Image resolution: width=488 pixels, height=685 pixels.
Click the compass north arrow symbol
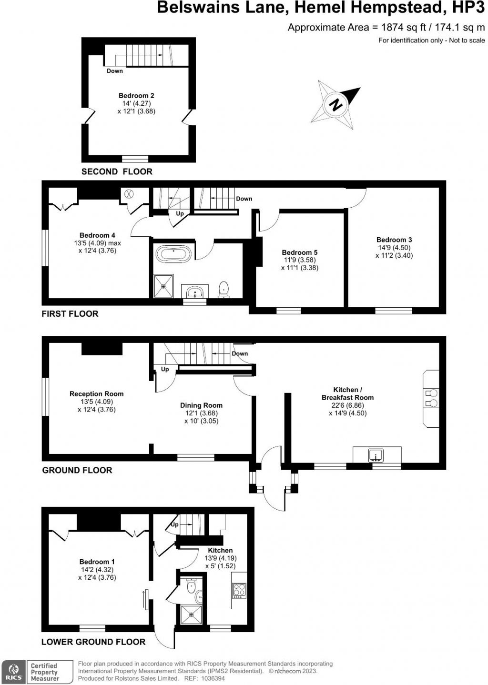click(337, 104)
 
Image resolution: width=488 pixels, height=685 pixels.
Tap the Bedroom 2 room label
click(136, 96)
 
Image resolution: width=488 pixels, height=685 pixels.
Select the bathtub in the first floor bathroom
click(174, 253)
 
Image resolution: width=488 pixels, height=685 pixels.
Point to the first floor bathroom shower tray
click(163, 286)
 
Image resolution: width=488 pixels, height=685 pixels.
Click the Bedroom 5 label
click(299, 252)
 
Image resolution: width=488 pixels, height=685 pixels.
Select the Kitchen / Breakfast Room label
click(347, 393)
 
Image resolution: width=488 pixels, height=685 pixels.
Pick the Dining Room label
click(201, 405)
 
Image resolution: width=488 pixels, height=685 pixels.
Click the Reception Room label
click(96, 394)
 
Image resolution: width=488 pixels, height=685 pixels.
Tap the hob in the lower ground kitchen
click(239, 591)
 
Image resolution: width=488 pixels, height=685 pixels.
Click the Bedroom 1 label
click(97, 562)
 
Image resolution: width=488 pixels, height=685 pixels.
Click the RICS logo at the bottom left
click(13, 672)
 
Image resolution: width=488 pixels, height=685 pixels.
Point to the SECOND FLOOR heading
click(117, 171)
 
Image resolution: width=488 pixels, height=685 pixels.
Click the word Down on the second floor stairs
click(114, 71)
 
